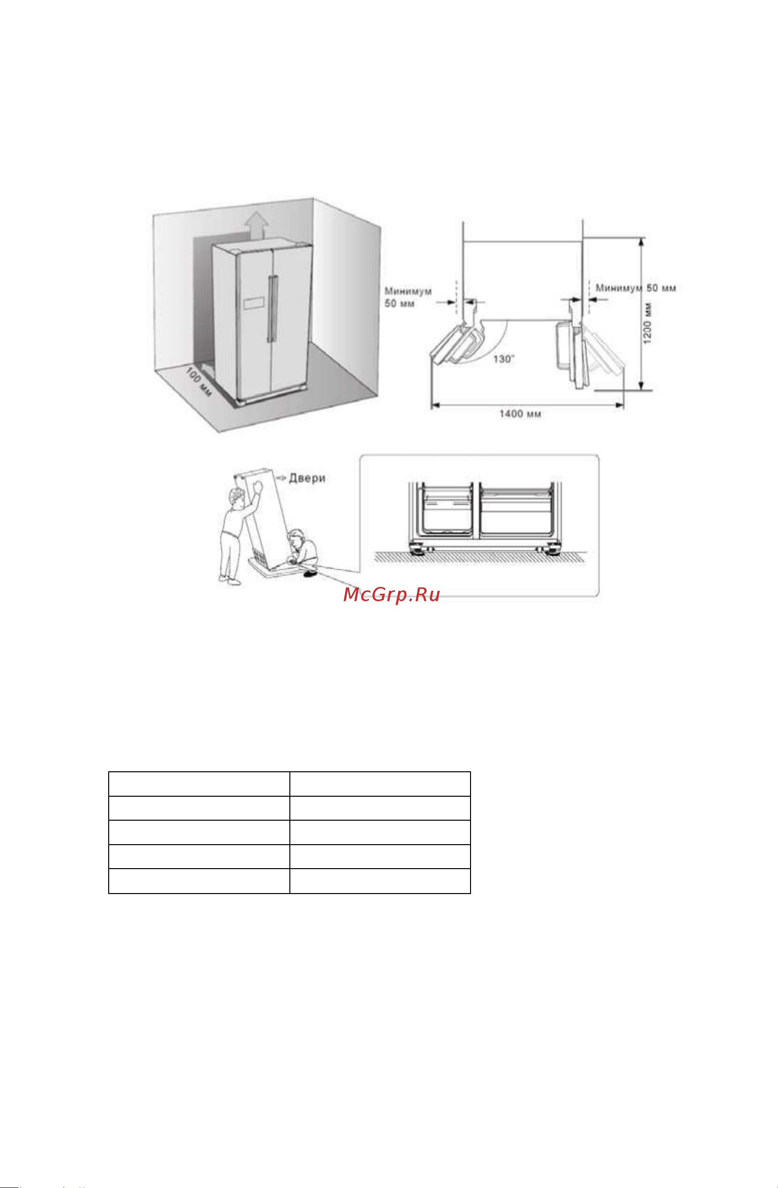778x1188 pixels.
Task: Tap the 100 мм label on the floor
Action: point(199,382)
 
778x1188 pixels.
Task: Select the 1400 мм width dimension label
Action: point(520,414)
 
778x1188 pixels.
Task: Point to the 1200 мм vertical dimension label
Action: point(647,323)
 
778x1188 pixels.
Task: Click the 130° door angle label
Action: point(504,359)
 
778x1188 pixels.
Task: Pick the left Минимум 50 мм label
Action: point(408,297)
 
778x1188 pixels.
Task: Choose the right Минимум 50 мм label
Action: point(636,288)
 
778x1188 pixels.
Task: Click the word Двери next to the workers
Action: point(307,478)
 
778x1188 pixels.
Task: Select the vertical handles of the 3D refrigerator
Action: point(272,309)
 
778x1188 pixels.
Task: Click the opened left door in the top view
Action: point(456,344)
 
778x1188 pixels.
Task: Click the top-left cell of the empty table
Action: point(199,784)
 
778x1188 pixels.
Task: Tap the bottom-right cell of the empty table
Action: point(380,881)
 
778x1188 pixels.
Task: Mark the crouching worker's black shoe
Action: point(310,575)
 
